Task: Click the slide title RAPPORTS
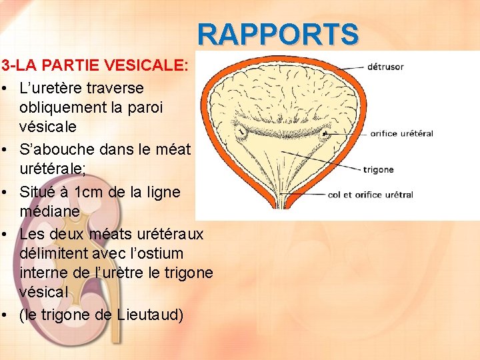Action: [x=278, y=34]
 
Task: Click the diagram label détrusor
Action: [x=385, y=67]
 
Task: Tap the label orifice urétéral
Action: [x=401, y=133]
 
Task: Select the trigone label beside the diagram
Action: [x=378, y=169]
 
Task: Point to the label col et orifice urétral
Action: [x=371, y=195]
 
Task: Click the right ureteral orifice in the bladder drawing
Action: [x=325, y=133]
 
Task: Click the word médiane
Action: [x=50, y=211]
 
